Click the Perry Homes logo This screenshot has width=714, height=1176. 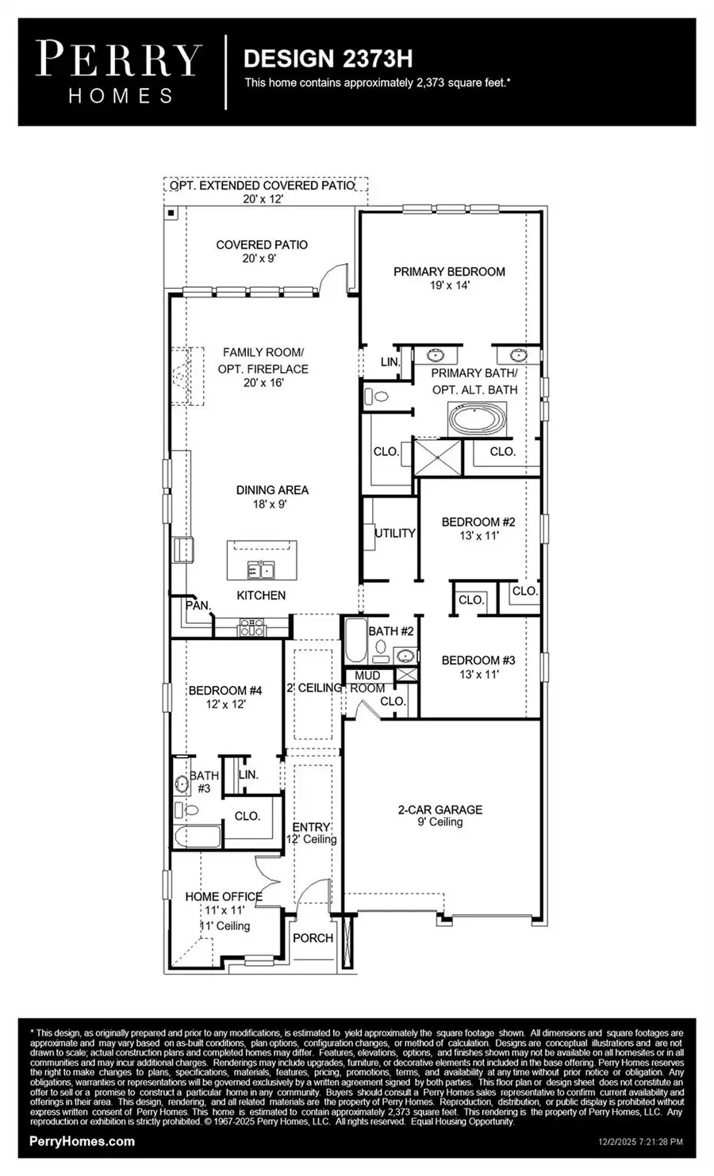point(120,72)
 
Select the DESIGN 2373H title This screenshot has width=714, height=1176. point(327,59)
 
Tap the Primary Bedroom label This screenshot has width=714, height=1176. point(449,272)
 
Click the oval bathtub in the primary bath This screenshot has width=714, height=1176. point(477,419)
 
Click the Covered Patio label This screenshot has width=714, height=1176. point(262,245)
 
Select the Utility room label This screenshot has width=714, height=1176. point(395,533)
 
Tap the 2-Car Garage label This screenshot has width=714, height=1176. point(440,810)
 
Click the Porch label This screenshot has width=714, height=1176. point(313,937)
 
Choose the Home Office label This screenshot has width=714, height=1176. point(224,896)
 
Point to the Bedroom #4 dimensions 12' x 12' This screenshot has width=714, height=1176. point(228,704)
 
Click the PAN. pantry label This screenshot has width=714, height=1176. point(198,605)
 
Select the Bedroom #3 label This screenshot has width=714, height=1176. point(478,660)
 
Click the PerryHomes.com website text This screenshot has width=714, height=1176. point(82,1141)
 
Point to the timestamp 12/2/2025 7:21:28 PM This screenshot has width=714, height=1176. point(639,1143)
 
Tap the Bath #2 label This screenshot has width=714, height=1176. point(391,631)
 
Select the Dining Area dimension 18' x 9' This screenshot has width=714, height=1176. point(272,504)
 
